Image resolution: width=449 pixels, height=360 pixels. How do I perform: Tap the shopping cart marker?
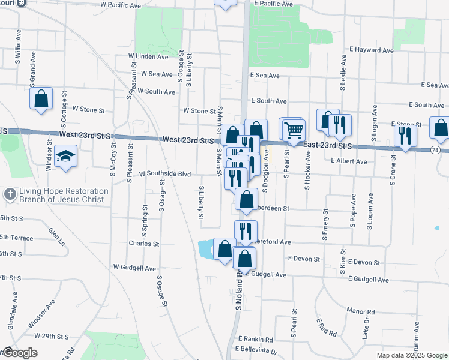tap(294, 130)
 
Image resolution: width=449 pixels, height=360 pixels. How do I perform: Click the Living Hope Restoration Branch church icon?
tap(10, 194)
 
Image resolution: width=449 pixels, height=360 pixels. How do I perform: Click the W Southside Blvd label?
tap(164, 174)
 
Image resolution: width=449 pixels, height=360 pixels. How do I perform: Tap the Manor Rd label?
tap(360, 311)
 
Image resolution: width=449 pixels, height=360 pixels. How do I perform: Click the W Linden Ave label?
tap(148, 56)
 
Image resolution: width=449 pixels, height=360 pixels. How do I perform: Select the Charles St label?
tap(143, 244)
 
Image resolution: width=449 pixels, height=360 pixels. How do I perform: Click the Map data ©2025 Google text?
tap(411, 355)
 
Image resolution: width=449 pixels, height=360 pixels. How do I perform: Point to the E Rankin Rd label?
tap(255, 339)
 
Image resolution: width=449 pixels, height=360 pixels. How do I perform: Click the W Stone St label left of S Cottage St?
tap(88, 110)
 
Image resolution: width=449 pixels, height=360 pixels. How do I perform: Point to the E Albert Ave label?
tap(348, 161)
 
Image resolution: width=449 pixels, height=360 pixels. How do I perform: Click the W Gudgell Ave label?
tap(134, 268)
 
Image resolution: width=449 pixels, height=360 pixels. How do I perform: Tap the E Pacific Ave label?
tap(273, 4)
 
